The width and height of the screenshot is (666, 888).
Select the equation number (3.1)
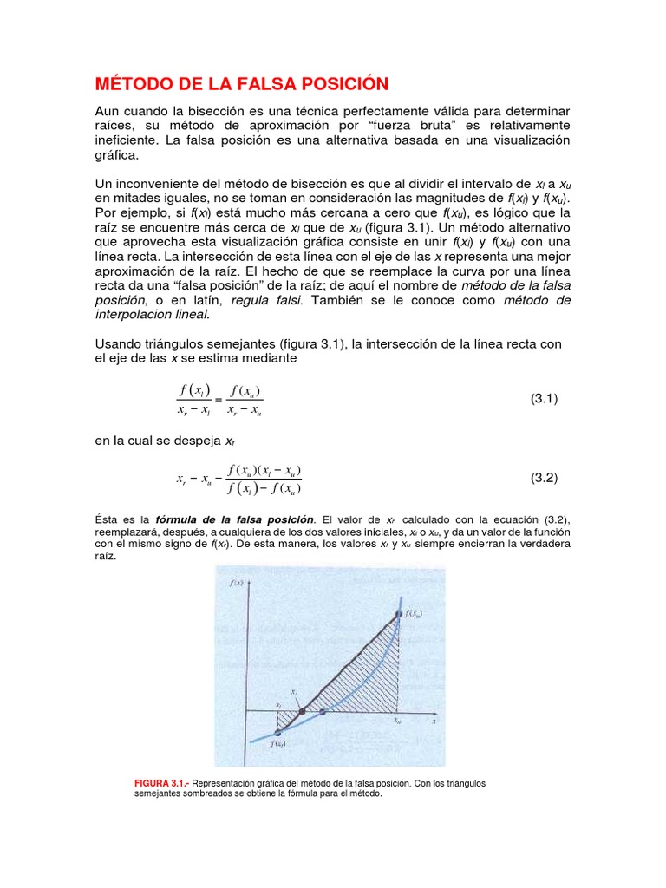[544, 399]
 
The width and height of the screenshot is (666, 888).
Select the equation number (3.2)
[544, 478]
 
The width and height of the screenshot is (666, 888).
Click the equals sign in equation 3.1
[219, 400]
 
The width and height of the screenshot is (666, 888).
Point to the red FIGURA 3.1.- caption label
[163, 783]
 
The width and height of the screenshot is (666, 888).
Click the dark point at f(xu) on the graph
[398, 615]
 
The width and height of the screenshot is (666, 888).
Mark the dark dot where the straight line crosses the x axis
[301, 712]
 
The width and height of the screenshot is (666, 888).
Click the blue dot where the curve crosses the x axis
[323, 712]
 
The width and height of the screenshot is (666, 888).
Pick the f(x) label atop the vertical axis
[236, 584]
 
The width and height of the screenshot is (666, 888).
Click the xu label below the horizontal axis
[398, 721]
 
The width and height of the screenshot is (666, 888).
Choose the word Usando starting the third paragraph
[119, 344]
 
